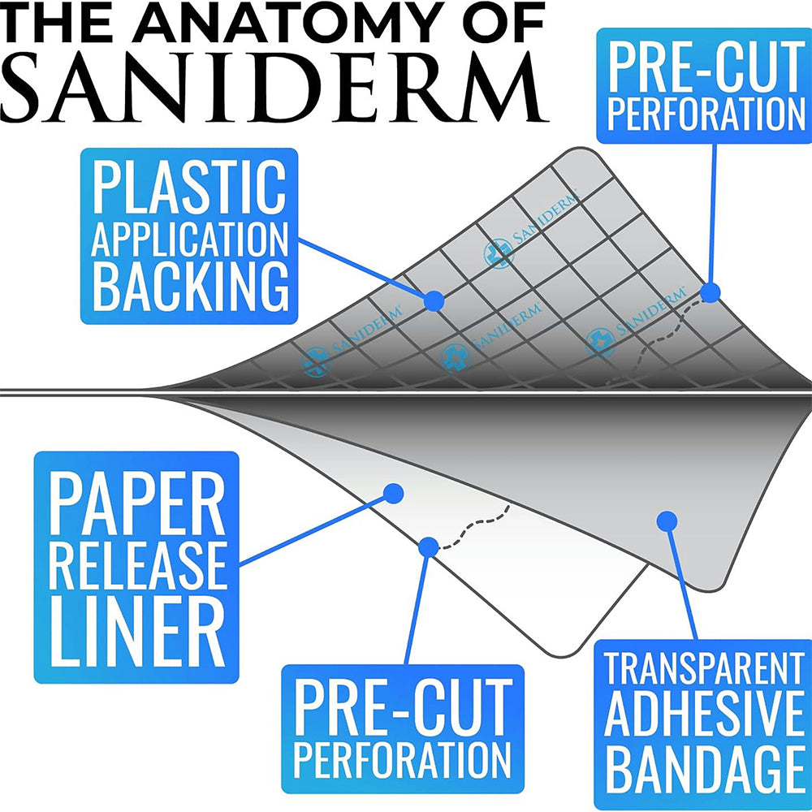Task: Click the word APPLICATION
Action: pyautogui.click(x=189, y=238)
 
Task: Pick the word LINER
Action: pyautogui.click(x=136, y=625)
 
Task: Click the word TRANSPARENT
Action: pyautogui.click(x=702, y=670)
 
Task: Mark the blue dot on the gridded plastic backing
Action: pyautogui.click(x=434, y=300)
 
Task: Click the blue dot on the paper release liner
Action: pyautogui.click(x=394, y=493)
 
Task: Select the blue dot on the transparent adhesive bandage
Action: pyautogui.click(x=667, y=520)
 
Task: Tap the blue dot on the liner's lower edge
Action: pyautogui.click(x=429, y=546)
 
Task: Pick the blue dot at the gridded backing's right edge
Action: pyautogui.click(x=710, y=292)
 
